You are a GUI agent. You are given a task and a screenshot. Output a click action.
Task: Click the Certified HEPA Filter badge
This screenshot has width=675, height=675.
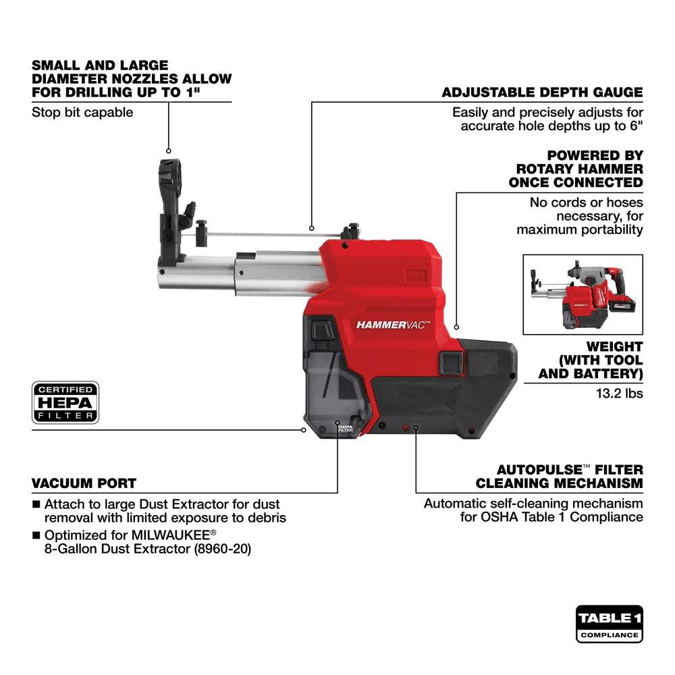pyautogui.click(x=65, y=402)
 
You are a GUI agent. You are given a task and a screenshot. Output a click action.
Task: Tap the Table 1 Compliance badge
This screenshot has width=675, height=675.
pyautogui.click(x=609, y=624)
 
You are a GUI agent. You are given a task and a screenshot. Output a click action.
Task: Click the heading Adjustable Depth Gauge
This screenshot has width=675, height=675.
pyautogui.click(x=542, y=92)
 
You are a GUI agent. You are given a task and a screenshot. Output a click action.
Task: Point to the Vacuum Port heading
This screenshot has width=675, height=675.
pyautogui.click(x=84, y=483)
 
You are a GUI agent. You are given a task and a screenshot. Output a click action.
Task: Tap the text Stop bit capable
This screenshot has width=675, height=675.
pyautogui.click(x=82, y=112)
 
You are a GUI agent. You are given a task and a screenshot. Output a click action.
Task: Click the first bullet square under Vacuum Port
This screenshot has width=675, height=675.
pyautogui.click(x=36, y=504)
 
